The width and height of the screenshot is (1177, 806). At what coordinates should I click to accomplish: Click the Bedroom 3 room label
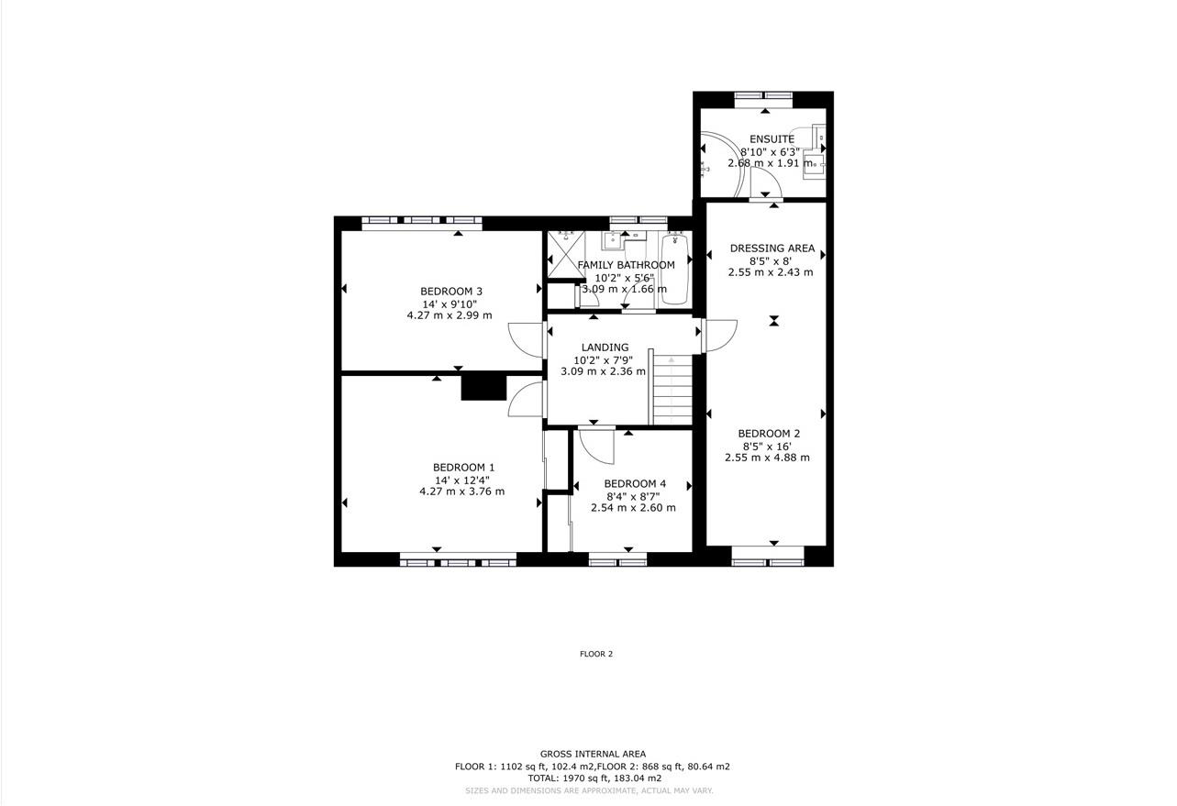[450, 292]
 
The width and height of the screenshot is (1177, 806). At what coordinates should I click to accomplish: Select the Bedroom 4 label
[634, 484]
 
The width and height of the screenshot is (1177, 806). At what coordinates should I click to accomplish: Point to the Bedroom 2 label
[769, 434]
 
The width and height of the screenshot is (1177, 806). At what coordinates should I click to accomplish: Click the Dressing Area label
[772, 248]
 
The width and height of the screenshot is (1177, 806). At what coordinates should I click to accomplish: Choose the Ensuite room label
[772, 139]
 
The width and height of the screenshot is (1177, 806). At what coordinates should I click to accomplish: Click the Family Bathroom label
[626, 265]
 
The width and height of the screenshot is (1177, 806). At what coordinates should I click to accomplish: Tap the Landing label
[605, 348]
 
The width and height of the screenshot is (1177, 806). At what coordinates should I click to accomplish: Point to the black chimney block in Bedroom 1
[483, 386]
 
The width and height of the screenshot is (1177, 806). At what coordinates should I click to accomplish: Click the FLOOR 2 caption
[595, 655]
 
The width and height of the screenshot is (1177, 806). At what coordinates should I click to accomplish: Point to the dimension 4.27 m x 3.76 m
[461, 491]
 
